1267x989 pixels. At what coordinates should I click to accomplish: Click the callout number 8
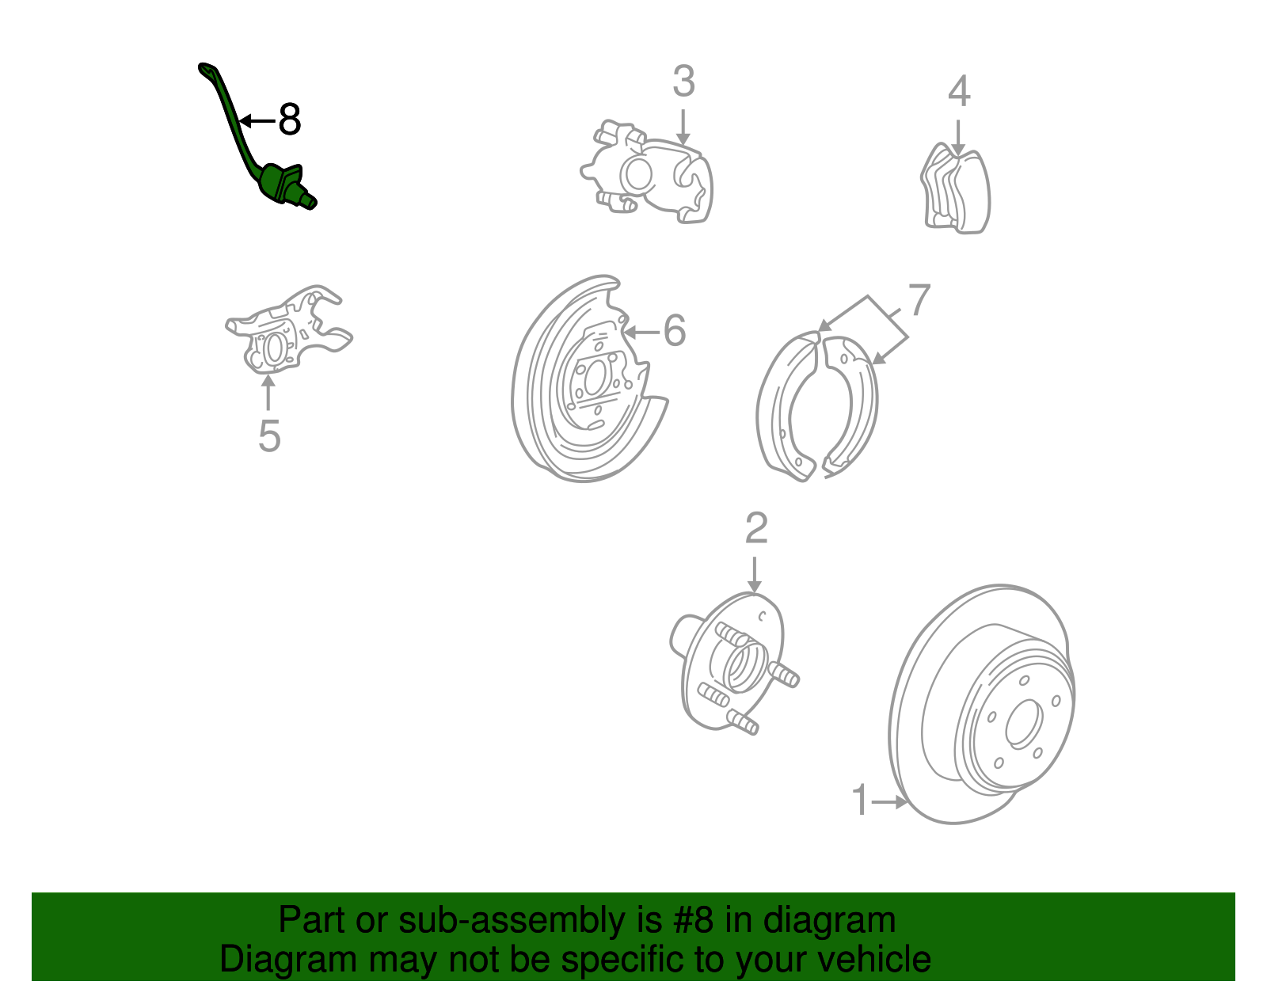[290, 120]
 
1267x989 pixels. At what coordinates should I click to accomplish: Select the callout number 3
[684, 81]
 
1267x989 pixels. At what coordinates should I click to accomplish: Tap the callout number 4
[959, 91]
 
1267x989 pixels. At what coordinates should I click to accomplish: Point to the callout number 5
[269, 436]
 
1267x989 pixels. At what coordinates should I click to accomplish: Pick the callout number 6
[675, 330]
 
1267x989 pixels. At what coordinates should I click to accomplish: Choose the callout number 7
[919, 299]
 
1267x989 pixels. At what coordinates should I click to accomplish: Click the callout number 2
[756, 528]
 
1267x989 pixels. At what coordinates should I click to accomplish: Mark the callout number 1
[861, 800]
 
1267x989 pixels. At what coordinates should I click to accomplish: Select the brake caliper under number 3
[647, 173]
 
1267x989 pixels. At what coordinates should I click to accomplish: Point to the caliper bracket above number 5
[288, 330]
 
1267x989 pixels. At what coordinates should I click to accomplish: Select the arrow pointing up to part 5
[268, 393]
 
